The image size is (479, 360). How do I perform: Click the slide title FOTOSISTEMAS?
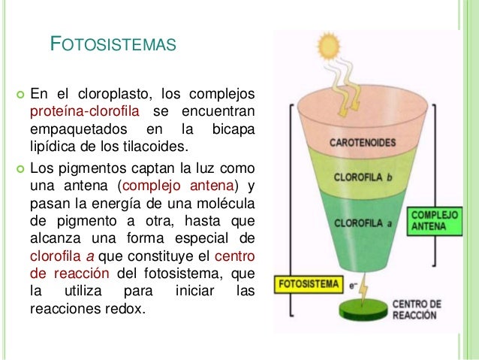point(113,44)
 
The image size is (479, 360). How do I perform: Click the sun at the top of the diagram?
point(329,46)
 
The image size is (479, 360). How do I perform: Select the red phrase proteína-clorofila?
point(83,112)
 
